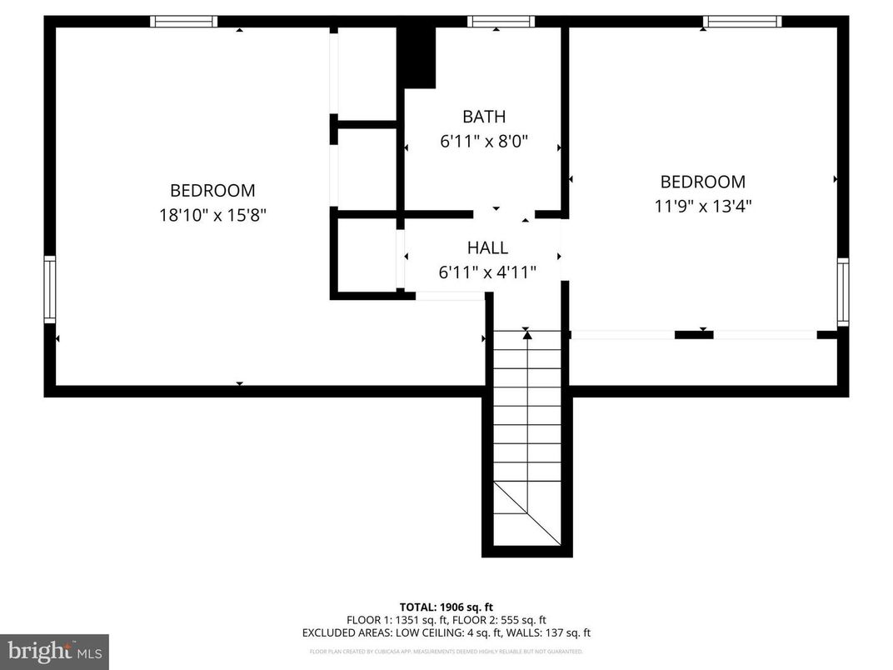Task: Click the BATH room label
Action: (x=484, y=117)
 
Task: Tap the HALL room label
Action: (x=486, y=247)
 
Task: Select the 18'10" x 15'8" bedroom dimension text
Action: (x=212, y=215)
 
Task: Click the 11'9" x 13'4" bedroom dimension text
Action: (x=702, y=206)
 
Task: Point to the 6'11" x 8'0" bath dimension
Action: (x=484, y=142)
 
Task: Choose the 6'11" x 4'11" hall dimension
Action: (x=486, y=272)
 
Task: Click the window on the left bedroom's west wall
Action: (x=50, y=290)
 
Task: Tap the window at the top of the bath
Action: (x=501, y=22)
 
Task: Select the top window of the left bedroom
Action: (x=184, y=22)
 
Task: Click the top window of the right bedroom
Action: (x=742, y=22)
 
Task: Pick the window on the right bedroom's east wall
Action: (x=843, y=292)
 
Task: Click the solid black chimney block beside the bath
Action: (x=418, y=57)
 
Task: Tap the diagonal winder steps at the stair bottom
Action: (x=526, y=513)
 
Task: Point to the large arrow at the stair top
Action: (x=526, y=335)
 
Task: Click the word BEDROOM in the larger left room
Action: (x=212, y=190)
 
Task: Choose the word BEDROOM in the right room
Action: (x=702, y=182)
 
